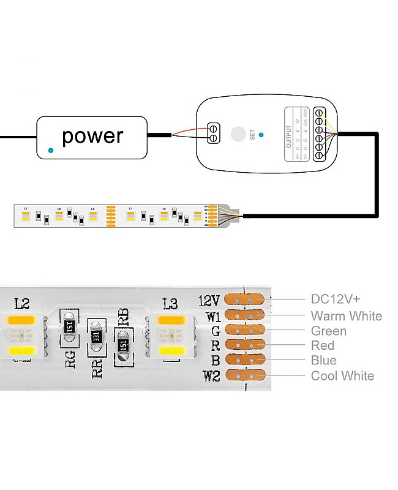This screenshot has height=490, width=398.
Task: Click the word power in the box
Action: [92, 136]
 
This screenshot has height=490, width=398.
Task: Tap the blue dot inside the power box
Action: [51, 149]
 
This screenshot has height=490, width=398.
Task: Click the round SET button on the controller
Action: [237, 134]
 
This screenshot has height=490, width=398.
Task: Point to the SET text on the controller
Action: [252, 135]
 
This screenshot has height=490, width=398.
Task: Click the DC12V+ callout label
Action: [336, 299]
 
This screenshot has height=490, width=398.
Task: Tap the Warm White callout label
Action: [346, 316]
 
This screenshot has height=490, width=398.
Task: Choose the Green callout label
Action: [328, 331]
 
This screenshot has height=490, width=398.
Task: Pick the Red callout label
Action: [323, 345]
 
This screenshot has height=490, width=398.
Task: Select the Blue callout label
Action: [323, 360]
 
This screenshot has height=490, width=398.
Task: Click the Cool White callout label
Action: [342, 375]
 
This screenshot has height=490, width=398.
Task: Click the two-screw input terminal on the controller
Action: [213, 134]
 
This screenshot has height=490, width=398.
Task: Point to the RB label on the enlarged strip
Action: [123, 316]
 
